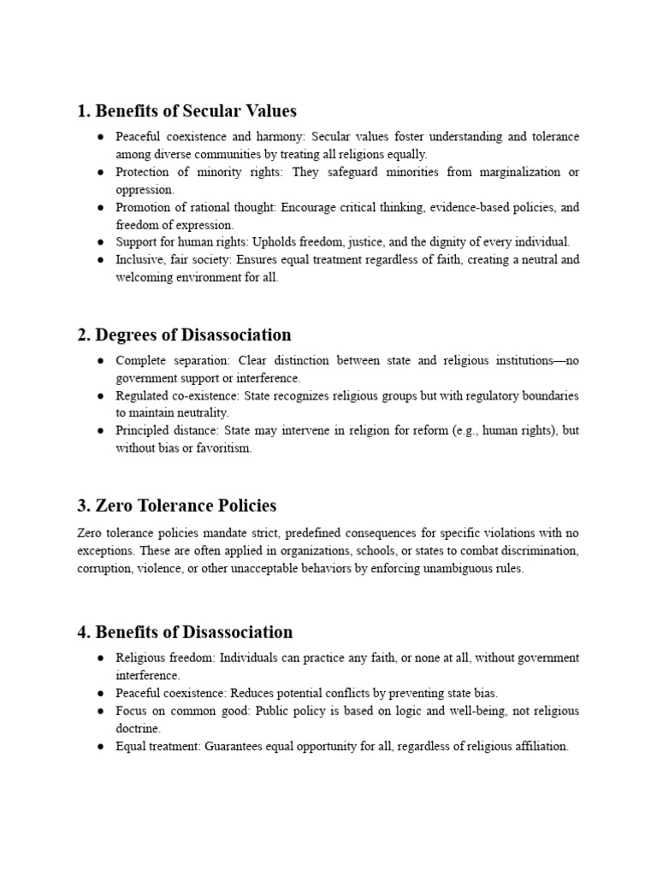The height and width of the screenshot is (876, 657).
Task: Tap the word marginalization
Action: coord(512,172)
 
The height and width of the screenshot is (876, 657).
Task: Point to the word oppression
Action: coord(144,190)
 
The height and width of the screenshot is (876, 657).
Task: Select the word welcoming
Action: coord(146,278)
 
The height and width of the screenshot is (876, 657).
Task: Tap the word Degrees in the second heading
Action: coord(127,335)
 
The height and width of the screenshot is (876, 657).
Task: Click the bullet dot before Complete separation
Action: coord(100,361)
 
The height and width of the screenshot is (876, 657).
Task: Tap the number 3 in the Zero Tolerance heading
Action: coord(82,506)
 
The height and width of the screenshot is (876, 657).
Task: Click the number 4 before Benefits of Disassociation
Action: coord(82,633)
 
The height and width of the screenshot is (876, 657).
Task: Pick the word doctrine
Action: coord(139,728)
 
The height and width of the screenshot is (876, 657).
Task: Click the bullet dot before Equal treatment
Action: coord(100,746)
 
